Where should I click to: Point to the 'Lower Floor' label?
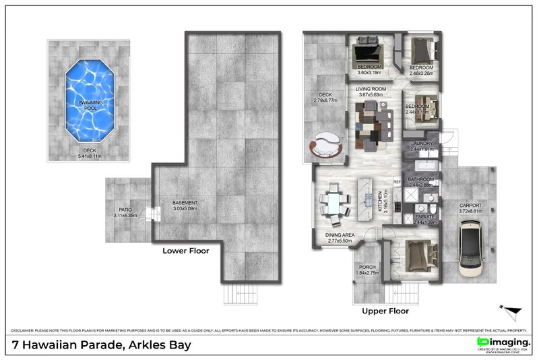point(185,251)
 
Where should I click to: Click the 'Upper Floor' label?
point(385,311)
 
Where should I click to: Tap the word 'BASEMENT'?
point(185,203)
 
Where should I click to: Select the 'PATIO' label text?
point(125,210)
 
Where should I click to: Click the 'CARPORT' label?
point(470,206)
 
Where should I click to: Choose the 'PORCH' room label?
point(367,267)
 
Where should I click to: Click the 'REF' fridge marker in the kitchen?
point(397,182)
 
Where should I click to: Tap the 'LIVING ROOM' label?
point(371,89)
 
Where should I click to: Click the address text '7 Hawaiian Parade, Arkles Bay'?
point(102,345)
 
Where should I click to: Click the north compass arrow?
point(511,311)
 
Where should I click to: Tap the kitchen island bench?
point(368,199)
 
